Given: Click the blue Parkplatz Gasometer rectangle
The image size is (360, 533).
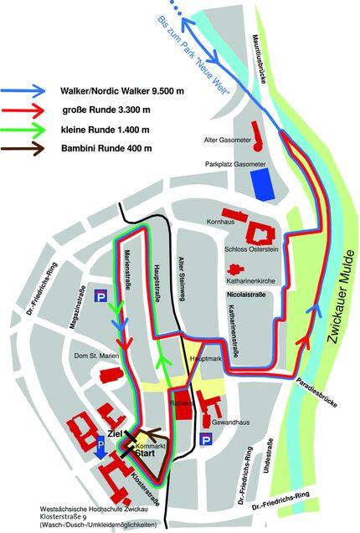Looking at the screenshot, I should tap(264, 183).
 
